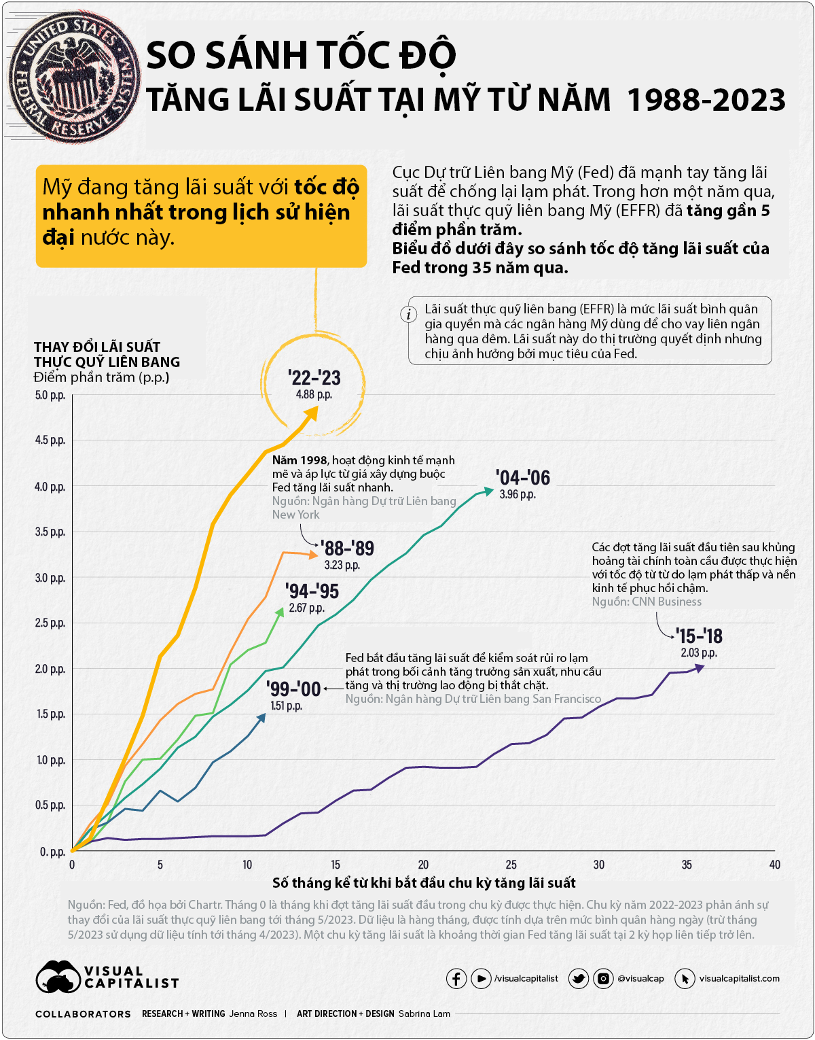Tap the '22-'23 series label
click(x=314, y=378)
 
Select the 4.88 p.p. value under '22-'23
click(x=314, y=395)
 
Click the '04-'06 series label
click(x=522, y=478)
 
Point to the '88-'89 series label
click(x=347, y=549)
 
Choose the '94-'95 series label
click(x=312, y=591)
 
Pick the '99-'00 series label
click(x=293, y=689)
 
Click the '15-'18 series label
click(x=699, y=636)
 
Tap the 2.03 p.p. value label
click(x=699, y=653)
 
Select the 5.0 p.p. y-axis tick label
click(x=50, y=396)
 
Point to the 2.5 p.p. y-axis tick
click(x=50, y=623)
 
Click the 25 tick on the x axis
click(x=511, y=865)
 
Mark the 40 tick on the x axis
click(x=775, y=865)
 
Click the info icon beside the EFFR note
click(x=408, y=314)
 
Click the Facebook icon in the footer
click(x=456, y=979)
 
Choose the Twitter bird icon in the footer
click(x=579, y=979)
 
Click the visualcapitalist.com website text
click(x=739, y=979)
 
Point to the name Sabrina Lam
click(x=424, y=1013)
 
